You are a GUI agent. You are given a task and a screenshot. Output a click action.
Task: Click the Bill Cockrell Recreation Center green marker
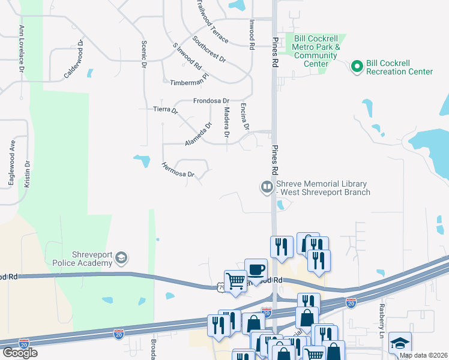357,67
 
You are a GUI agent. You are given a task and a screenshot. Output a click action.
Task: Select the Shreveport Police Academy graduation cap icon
121,258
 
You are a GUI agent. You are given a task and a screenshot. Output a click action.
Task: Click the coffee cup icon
256,268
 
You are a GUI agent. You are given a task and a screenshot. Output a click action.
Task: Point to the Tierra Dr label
166,110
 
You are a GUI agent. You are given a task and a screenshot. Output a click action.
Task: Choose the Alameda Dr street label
199,134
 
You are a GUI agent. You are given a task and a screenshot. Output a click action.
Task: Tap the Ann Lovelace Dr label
22,49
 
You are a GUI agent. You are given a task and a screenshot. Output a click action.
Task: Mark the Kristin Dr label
27,175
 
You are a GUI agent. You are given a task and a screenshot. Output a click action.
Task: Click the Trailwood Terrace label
212,22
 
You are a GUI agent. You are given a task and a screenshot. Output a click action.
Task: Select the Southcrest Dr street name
209,50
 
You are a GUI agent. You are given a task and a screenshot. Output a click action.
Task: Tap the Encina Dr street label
245,116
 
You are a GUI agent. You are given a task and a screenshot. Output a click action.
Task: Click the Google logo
20,352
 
